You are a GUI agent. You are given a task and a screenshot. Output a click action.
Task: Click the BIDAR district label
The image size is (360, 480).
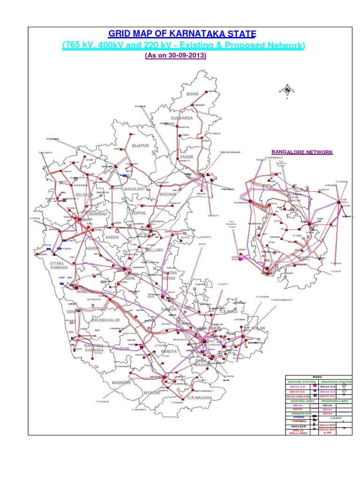[193, 94]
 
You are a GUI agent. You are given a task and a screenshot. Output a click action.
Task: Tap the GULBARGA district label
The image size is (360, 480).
[182, 118]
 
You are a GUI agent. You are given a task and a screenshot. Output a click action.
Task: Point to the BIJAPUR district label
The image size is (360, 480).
[140, 146]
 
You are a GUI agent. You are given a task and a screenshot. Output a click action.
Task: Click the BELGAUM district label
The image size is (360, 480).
[85, 194]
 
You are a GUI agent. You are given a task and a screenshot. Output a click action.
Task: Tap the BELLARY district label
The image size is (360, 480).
[155, 250]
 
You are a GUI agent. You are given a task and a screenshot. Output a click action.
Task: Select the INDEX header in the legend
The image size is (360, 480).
[318, 377]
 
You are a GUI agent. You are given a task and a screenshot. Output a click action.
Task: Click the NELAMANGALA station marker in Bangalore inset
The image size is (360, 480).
[250, 202]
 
